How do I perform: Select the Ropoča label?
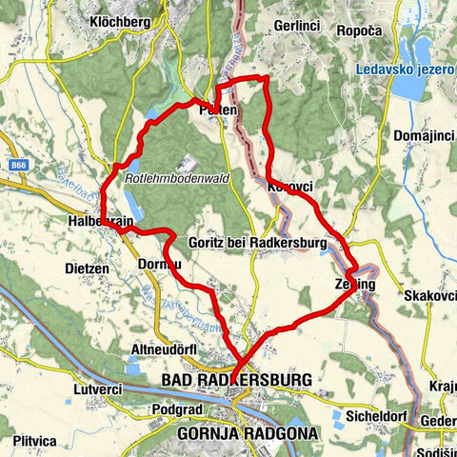pos(359,30)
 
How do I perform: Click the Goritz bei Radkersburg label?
pos(257,244)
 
